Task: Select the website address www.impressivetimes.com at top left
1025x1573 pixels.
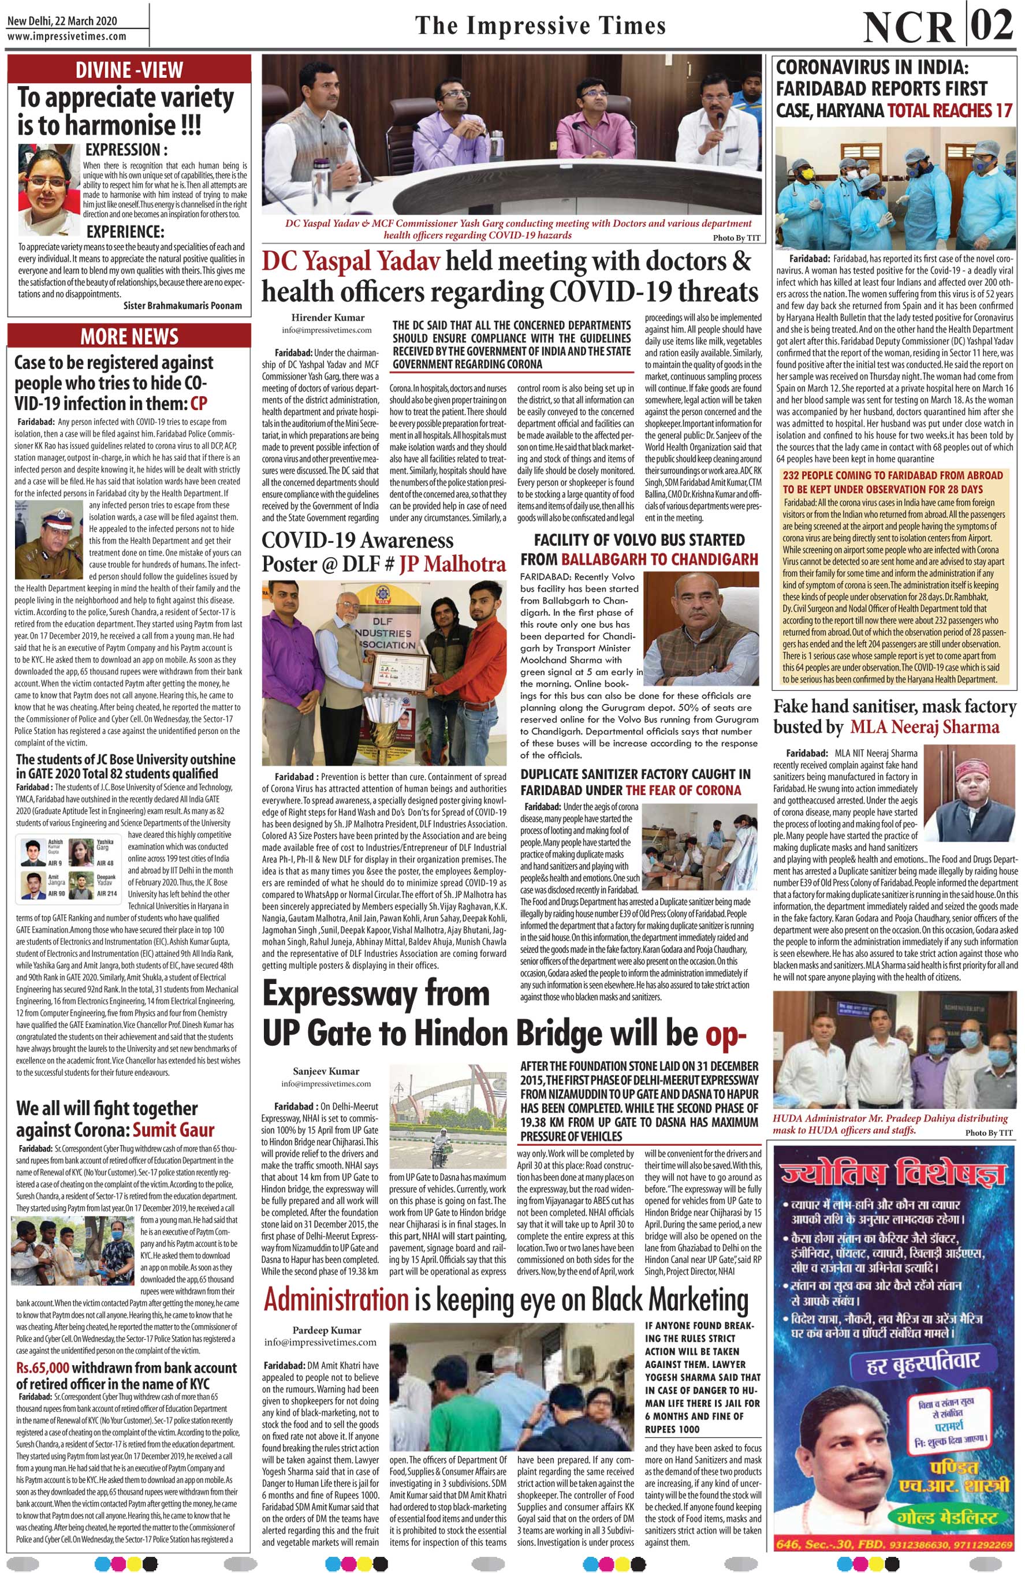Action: [x=67, y=36]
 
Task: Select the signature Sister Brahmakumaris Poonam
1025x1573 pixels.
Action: [x=183, y=305]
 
